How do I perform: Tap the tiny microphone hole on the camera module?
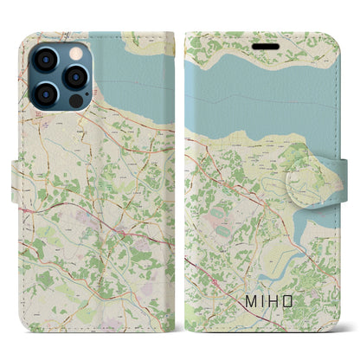(60, 75)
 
